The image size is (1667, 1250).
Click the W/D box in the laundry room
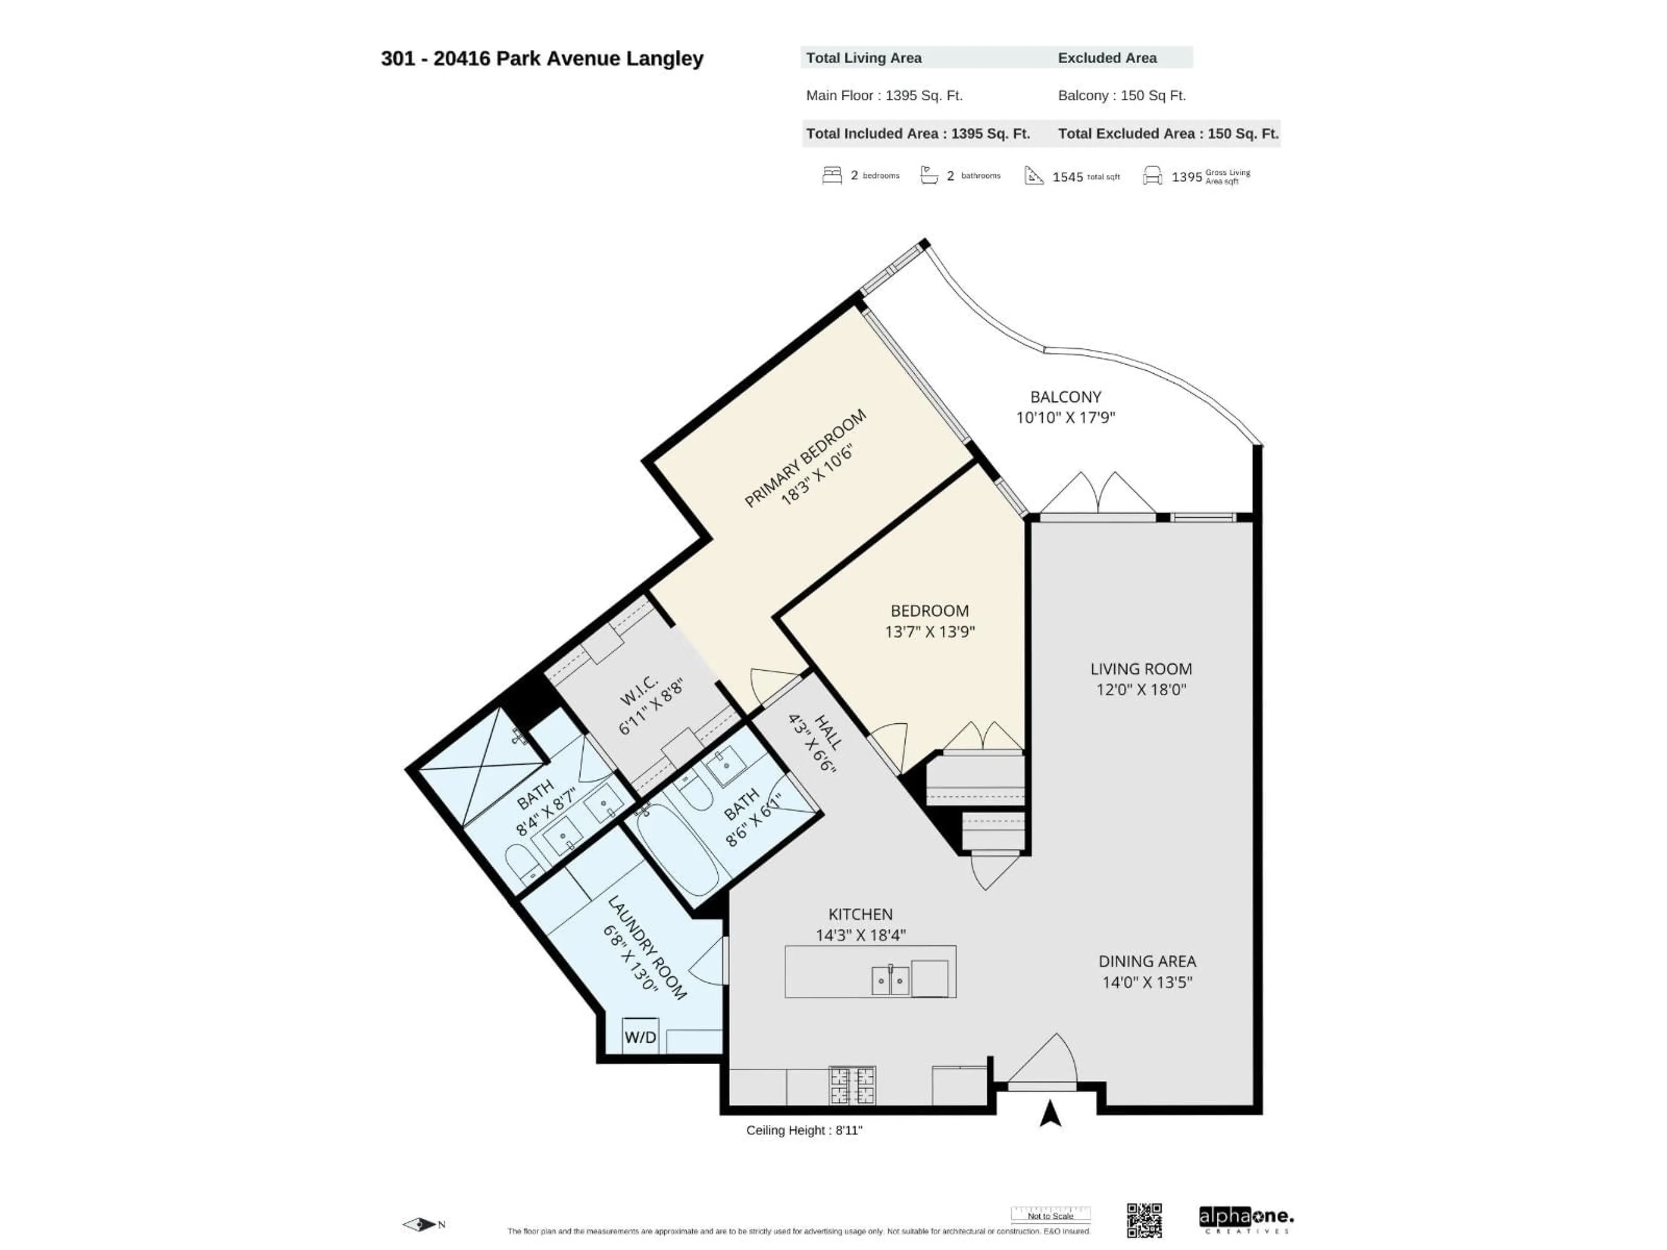pyautogui.click(x=640, y=1037)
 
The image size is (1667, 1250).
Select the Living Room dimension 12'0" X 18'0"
pyautogui.click(x=1141, y=689)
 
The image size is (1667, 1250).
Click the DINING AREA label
pyautogui.click(x=1147, y=961)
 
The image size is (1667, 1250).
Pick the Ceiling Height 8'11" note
pyautogui.click(x=804, y=1130)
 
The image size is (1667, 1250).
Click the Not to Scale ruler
pyautogui.click(x=1051, y=1214)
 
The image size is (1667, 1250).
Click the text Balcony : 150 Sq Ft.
pyautogui.click(x=1121, y=95)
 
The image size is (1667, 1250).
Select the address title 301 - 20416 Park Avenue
pyautogui.click(x=542, y=59)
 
